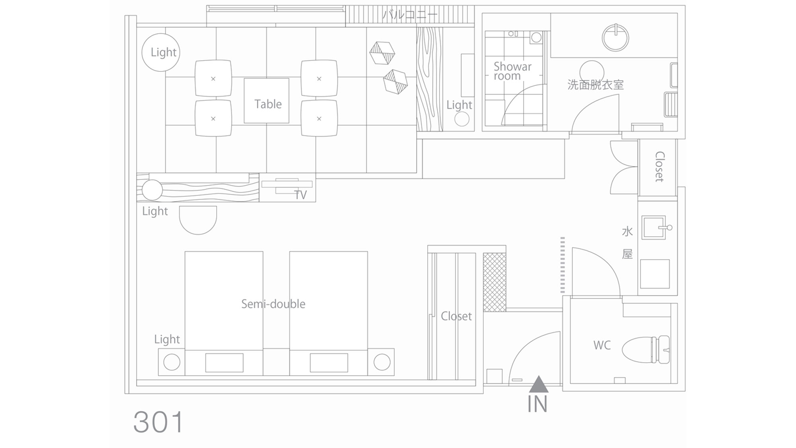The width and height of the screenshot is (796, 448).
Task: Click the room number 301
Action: pos(158,422)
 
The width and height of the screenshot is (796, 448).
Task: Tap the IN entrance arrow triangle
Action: pos(538,385)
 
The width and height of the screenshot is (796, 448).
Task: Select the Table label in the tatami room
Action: pos(268,104)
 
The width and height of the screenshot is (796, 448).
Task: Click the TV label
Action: pos(300,195)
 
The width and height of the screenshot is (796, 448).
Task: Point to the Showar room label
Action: pos(512,71)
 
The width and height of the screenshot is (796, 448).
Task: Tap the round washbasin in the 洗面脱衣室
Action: pos(615,38)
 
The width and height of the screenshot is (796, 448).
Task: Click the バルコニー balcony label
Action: pos(410,15)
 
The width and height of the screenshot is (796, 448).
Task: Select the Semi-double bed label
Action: pos(273,304)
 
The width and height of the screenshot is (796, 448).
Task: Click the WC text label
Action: pos(602,345)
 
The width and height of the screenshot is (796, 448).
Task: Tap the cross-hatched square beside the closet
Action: pos(495,282)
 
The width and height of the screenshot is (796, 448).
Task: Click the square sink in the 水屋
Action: pos(654,228)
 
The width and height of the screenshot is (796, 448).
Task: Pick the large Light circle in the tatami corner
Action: pos(161,52)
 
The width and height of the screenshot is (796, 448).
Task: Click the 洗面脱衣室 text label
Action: pos(595,85)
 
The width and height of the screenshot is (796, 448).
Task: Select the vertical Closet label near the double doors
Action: pos(659,166)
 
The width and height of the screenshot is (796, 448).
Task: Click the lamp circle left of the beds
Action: pos(172,362)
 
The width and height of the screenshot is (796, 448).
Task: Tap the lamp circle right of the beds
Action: pos(382,362)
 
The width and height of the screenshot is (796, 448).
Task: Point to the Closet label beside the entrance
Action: pos(456,316)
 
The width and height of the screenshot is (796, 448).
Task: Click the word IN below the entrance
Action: pos(537,404)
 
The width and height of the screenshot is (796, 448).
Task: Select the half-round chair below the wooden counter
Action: pos(198,220)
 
